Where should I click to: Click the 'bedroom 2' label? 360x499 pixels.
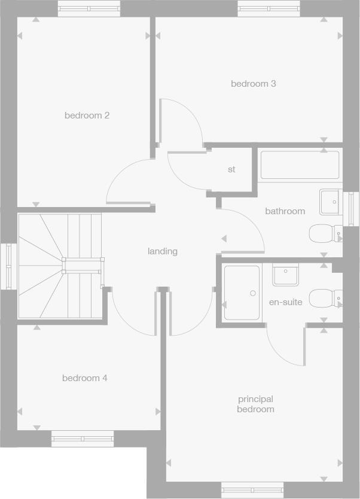(x=87, y=115)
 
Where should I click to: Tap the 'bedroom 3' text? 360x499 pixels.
(x=254, y=84)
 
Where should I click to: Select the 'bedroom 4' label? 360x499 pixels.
(x=85, y=378)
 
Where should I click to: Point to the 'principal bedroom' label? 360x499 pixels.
(x=255, y=404)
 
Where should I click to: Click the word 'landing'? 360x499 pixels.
(x=163, y=251)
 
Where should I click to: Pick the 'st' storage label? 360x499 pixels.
(x=231, y=169)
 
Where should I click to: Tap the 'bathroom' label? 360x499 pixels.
(x=285, y=211)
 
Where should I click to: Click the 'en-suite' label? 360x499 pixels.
(x=285, y=302)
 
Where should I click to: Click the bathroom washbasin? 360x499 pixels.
(x=330, y=202)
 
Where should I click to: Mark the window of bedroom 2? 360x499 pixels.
(x=89, y=9)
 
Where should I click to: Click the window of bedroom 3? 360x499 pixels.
(x=268, y=9)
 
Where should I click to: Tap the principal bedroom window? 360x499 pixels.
(x=251, y=490)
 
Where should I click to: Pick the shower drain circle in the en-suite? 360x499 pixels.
(x=253, y=293)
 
